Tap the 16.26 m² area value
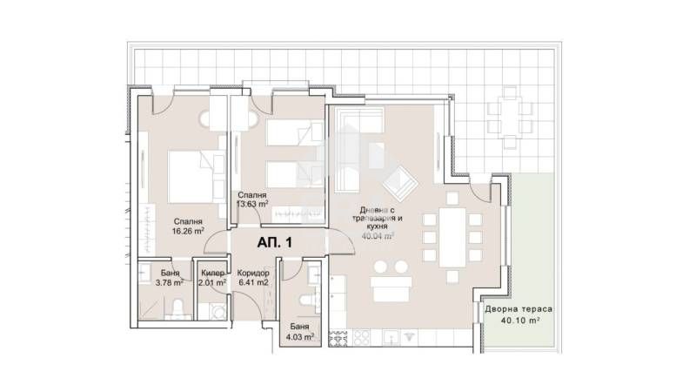tap(188, 232)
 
